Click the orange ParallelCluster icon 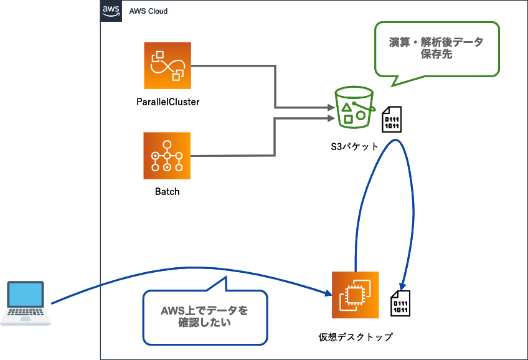coord(167,65)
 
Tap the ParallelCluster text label coord(167,102)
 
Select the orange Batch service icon coord(167,156)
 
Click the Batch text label coord(167,192)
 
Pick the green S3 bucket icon coord(354,107)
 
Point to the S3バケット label coord(354,147)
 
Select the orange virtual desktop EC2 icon coord(356,295)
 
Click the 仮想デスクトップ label coord(356,337)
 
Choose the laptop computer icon coord(25,303)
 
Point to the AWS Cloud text coord(148,11)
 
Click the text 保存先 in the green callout coord(436,55)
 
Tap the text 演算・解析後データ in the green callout coord(436,42)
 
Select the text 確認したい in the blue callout coord(204,323)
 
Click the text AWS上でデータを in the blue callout coord(204,310)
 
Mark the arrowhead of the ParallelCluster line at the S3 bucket coord(331,108)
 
